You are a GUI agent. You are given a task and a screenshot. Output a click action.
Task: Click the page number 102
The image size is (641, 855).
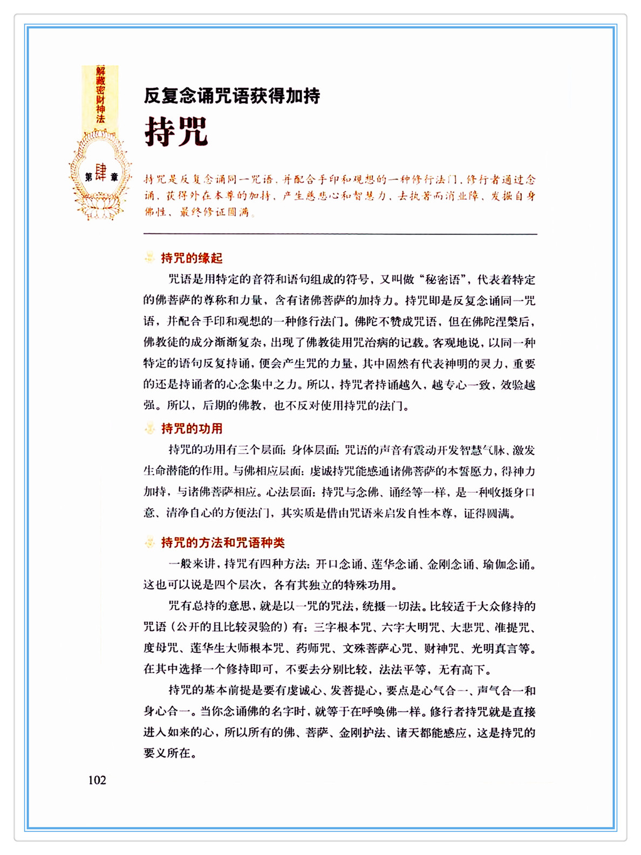coord(97,780)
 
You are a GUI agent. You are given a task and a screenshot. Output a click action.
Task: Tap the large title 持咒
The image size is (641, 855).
coord(176,131)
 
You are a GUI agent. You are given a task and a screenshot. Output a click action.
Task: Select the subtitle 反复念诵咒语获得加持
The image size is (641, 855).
coord(232,96)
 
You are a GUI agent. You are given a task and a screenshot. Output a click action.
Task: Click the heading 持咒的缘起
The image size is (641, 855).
coord(192,258)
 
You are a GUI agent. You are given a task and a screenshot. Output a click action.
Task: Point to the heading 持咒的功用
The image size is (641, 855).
coord(192,429)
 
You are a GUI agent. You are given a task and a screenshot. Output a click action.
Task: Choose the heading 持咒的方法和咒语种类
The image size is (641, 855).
coord(222,543)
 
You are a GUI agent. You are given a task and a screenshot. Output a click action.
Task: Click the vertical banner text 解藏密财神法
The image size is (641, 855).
coord(100,95)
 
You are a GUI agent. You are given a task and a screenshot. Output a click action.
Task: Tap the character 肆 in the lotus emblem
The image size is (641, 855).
coord(101,173)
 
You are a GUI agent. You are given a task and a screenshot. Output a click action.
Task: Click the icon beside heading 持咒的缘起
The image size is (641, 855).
coord(149,258)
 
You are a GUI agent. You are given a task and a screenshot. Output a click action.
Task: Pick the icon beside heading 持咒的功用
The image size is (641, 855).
coord(149,429)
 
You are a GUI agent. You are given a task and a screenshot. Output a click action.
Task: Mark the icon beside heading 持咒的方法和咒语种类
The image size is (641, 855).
coord(149,543)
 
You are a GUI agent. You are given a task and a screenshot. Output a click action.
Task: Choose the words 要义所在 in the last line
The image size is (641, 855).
coord(167,753)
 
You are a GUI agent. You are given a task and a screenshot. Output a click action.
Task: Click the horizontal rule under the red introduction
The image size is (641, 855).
coord(340,234)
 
